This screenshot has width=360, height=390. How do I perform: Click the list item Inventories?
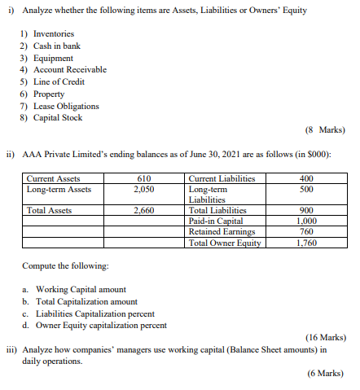pos(54,34)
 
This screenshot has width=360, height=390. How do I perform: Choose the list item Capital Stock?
pos(58,118)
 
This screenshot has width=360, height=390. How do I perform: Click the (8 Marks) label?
pos(325,129)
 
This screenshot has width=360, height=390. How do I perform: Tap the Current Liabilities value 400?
pos(306,179)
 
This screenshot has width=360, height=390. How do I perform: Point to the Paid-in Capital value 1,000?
pos(306,221)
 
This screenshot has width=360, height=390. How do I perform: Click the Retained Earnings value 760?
pos(306,231)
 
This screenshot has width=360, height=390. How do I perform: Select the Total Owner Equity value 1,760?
pos(306,242)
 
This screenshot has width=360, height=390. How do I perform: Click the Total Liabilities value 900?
pos(306,210)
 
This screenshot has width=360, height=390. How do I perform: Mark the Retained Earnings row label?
pos(218,231)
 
